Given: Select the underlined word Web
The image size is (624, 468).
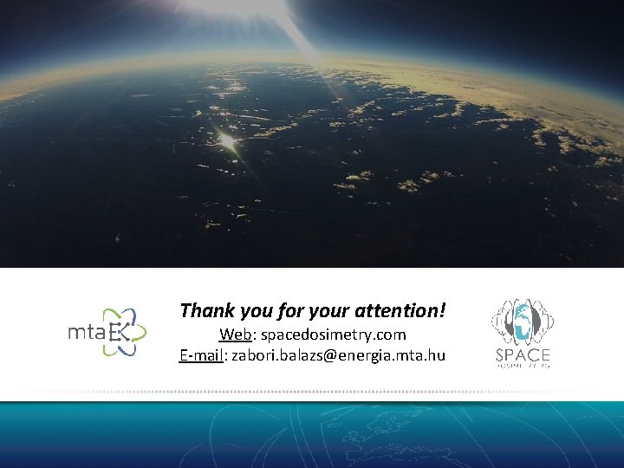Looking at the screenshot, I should tap(233, 334).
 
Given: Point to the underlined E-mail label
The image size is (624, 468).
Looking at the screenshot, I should tap(201, 354).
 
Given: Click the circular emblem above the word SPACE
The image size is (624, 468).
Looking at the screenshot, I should tap(523, 322).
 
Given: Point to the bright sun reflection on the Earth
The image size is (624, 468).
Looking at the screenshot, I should tap(227, 139).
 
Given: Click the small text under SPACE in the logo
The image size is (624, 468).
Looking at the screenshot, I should tap(523, 365).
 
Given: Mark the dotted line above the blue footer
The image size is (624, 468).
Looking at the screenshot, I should tap(312, 393).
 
